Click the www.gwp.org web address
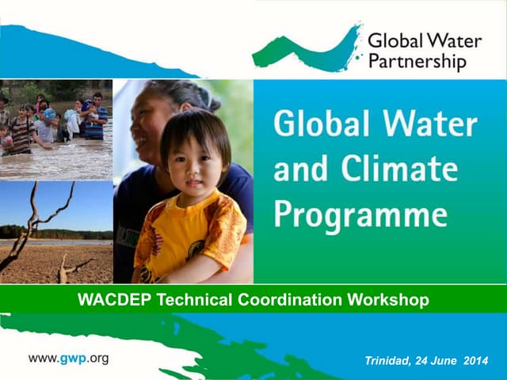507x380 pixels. (68, 358)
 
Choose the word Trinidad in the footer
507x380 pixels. (388, 361)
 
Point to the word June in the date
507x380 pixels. (452, 361)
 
